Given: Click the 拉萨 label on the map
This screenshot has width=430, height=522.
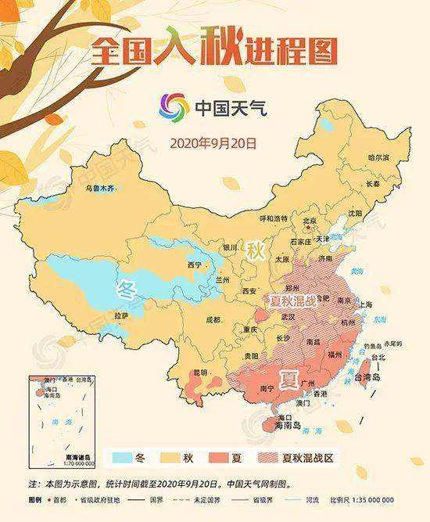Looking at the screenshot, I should point(120,315).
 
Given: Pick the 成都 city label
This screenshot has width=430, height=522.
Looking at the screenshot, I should point(212,320).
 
